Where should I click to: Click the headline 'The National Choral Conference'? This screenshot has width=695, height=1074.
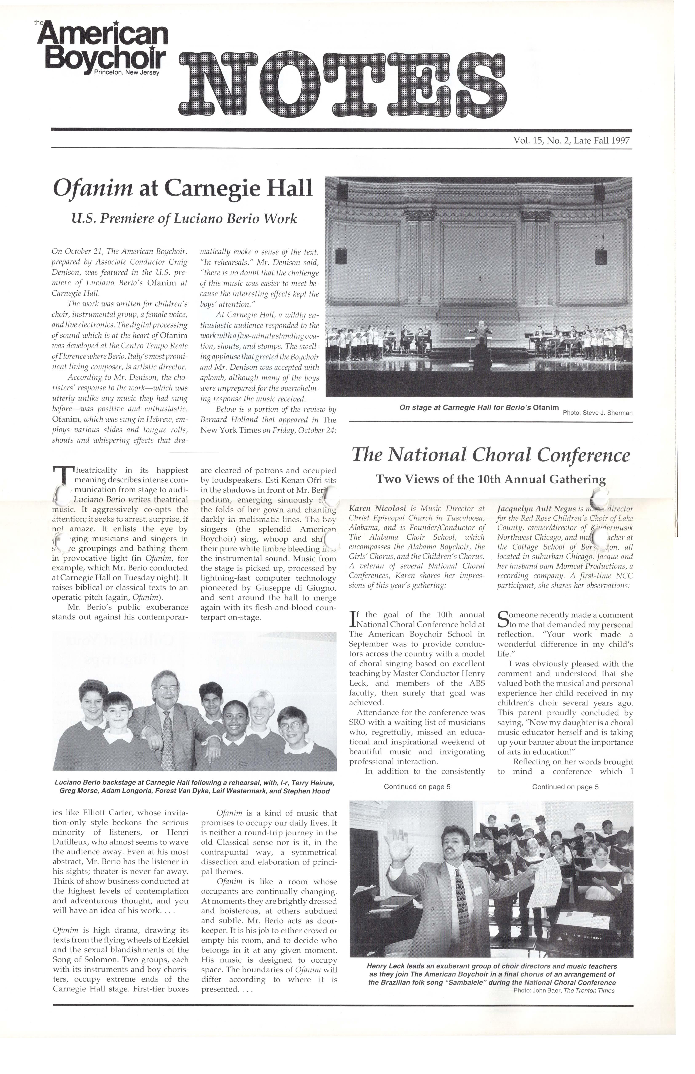(x=491, y=455)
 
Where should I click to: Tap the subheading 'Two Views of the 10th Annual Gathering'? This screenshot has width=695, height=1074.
(x=491, y=479)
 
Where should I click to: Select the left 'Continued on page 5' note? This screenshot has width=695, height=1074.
(x=417, y=787)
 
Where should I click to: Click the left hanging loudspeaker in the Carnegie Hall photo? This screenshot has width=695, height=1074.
(x=341, y=255)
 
